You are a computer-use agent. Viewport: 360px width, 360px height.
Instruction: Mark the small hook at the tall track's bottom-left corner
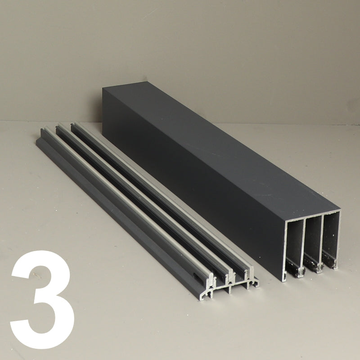pos(285,277)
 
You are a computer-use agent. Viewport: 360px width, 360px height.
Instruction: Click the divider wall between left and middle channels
pos(306,243)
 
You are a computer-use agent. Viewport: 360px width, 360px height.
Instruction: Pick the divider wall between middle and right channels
pos(324,240)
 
